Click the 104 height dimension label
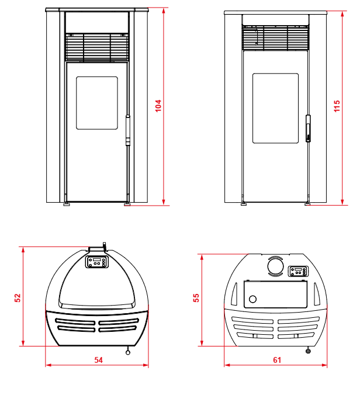pyautogui.click(x=158, y=106)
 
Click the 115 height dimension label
pyautogui.click(x=337, y=106)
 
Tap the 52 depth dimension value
pyautogui.click(x=18, y=297)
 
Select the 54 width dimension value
pyautogui.click(x=98, y=360)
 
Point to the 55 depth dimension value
pyautogui.click(x=196, y=297)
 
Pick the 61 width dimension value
pyautogui.click(x=277, y=360)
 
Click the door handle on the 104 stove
pyautogui.click(x=128, y=130)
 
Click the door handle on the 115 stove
pyautogui.click(x=308, y=129)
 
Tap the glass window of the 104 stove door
pyautogui.click(x=97, y=103)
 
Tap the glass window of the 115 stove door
pyautogui.click(x=275, y=108)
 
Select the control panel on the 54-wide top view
pyautogui.click(x=97, y=262)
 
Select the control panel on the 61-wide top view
pyautogui.click(x=298, y=271)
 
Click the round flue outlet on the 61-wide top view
pyautogui.click(x=275, y=266)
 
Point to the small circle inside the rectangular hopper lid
pyautogui.click(x=253, y=299)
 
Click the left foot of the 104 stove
pyautogui.click(x=66, y=204)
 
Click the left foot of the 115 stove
pyautogui.click(x=243, y=204)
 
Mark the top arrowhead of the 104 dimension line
pyautogui.click(x=164, y=11)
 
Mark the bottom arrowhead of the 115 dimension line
pyautogui.click(x=342, y=202)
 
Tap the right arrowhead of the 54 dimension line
pyautogui.click(x=146, y=365)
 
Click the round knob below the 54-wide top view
pyautogui.click(x=128, y=352)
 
